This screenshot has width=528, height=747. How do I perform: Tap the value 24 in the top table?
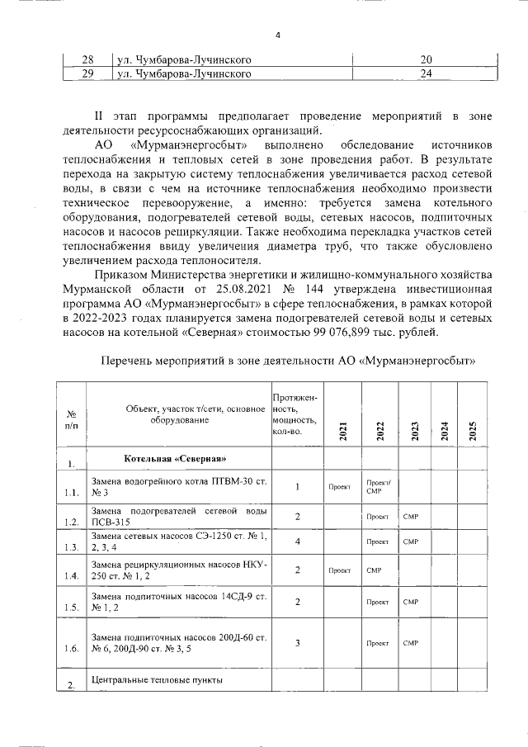[x=426, y=74]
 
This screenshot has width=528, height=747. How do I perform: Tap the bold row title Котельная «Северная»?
[x=175, y=458]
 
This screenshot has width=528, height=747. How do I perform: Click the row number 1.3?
[x=73, y=546]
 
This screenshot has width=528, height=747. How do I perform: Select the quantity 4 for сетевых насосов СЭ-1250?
[x=297, y=541]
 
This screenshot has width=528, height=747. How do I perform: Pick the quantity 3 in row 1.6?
[x=297, y=642]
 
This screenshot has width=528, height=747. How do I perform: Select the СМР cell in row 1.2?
[x=411, y=516]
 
